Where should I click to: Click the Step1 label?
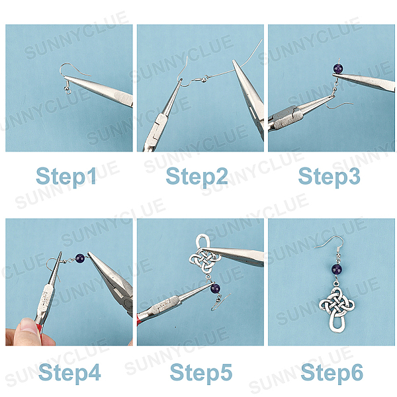pyautogui.click(x=66, y=176)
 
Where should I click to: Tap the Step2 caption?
pyautogui.click(x=197, y=176)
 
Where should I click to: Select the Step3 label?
pyautogui.click(x=329, y=176)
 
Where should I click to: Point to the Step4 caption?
pyautogui.click(x=69, y=373)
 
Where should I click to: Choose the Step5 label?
pyautogui.click(x=201, y=373)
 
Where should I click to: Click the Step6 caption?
pyautogui.click(x=332, y=373)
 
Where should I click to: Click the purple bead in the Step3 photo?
pyautogui.click(x=338, y=69)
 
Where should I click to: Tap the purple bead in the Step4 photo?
pyautogui.click(x=80, y=259)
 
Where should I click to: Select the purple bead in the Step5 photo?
pyautogui.click(x=215, y=288)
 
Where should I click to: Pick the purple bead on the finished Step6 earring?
pyautogui.click(x=337, y=269)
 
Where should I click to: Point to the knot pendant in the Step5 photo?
pyautogui.click(x=204, y=255)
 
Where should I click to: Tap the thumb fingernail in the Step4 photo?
pyautogui.click(x=28, y=326)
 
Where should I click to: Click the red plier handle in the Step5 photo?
pyautogui.click(x=138, y=320)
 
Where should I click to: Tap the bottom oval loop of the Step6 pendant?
pyautogui.click(x=337, y=324)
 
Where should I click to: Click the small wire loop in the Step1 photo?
pyautogui.click(x=68, y=91)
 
